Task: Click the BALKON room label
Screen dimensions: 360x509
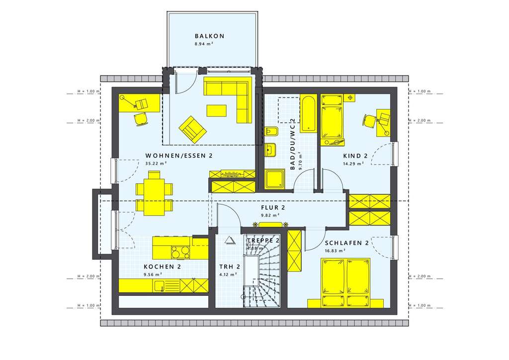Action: click(210, 36)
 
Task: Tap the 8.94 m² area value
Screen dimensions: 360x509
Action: click(204, 44)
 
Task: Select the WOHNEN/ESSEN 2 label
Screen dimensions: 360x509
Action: click(179, 156)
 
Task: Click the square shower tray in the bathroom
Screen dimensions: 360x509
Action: click(275, 179)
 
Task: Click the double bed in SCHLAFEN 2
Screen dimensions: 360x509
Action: click(346, 282)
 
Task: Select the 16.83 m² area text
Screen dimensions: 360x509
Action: click(335, 251)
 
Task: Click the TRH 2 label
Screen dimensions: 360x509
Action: click(230, 267)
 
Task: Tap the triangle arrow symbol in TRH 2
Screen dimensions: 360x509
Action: click(230, 240)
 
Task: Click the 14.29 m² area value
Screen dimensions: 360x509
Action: click(353, 164)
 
